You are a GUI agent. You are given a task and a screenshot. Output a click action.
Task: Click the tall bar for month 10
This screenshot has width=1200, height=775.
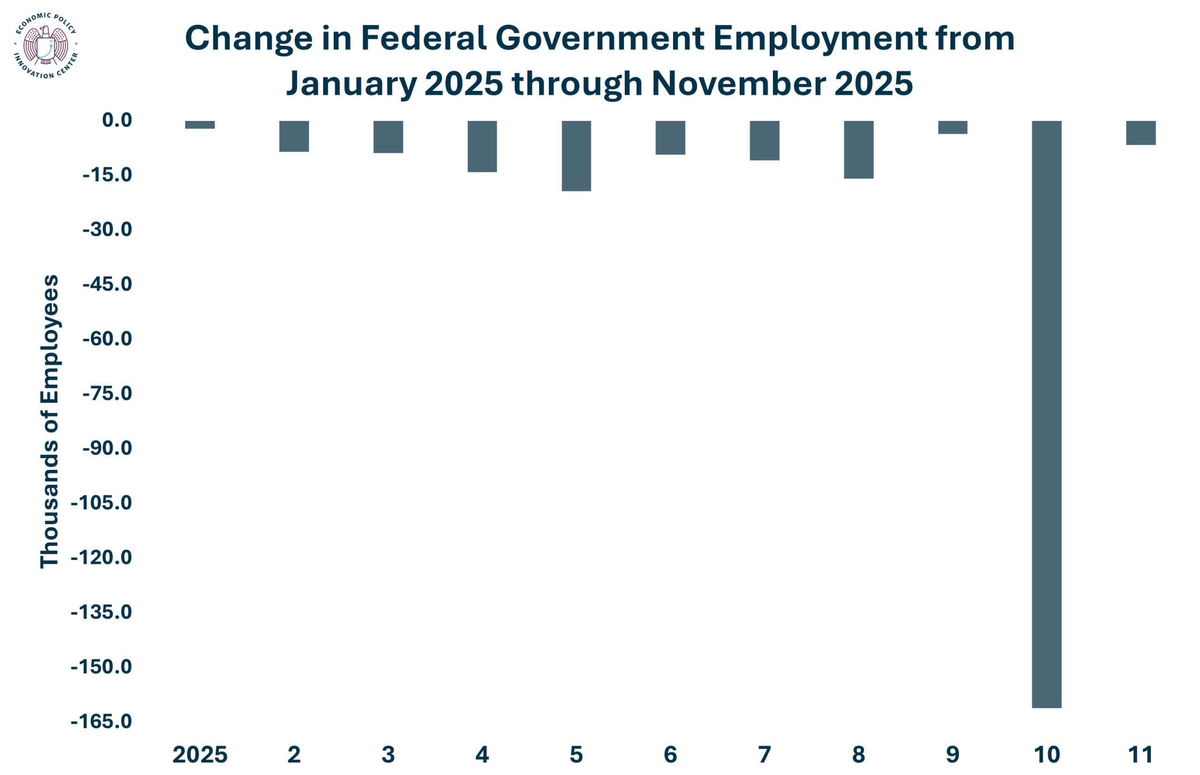point(1046,414)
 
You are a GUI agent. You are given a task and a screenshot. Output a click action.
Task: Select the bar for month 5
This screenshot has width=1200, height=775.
point(577,156)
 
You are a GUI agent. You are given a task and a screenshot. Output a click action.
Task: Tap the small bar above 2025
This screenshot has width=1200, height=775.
point(200,125)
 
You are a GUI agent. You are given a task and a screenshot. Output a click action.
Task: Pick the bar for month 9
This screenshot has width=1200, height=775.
point(952,127)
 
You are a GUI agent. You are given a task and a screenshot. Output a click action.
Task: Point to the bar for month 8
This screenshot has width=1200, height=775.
point(859,149)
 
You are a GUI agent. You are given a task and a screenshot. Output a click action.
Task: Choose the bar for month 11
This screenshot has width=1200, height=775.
point(1140,133)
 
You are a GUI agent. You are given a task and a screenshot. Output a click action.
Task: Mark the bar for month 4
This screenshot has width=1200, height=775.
point(482,147)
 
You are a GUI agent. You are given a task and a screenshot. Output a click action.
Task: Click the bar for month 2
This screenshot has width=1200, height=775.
point(294,136)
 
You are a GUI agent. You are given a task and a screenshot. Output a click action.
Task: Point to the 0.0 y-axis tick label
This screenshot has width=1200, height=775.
point(117,120)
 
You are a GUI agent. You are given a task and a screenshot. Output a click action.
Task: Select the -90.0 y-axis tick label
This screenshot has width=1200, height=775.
point(107,448)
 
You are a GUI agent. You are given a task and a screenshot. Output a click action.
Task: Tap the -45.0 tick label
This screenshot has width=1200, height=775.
point(107,284)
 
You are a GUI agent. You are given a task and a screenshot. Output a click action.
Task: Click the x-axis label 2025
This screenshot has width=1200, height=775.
point(200,755)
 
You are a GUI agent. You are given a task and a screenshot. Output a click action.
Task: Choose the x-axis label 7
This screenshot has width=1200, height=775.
point(764,755)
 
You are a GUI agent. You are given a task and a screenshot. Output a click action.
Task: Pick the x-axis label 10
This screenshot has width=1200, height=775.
point(1046,755)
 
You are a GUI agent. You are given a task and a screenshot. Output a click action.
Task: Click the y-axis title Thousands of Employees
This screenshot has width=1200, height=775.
point(49,421)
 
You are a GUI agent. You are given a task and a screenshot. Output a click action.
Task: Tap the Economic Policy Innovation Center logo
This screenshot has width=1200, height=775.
point(46,46)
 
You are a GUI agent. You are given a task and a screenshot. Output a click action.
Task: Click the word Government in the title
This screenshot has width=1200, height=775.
point(600,39)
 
